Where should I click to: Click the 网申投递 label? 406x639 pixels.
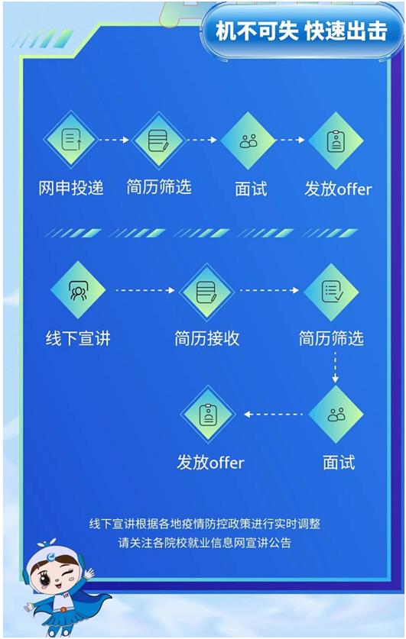pos(71,188)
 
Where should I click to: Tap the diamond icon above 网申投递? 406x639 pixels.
pos(71,140)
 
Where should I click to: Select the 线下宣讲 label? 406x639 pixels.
pos(78,338)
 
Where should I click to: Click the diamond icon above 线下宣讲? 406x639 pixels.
pos(78,290)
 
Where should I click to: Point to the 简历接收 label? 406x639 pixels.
pos(207,338)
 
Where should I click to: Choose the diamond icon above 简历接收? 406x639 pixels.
pos(207,292)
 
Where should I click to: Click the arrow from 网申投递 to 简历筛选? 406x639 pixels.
pos(114,140)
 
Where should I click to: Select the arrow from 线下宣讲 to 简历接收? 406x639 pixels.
pos(145,290)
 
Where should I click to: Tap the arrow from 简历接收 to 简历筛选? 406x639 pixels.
pos(270,290)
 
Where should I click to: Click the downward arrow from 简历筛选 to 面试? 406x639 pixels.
pos(335,367)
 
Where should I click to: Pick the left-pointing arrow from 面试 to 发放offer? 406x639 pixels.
pos(274,415)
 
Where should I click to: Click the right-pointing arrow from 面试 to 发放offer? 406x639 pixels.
pos(291,140)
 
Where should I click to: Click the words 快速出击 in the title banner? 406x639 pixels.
pos(345,31)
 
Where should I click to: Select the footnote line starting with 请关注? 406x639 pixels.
pos(205,543)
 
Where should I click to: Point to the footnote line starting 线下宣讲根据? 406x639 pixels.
pos(205,524)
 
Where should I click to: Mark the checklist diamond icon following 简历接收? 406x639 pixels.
pos(331,292)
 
